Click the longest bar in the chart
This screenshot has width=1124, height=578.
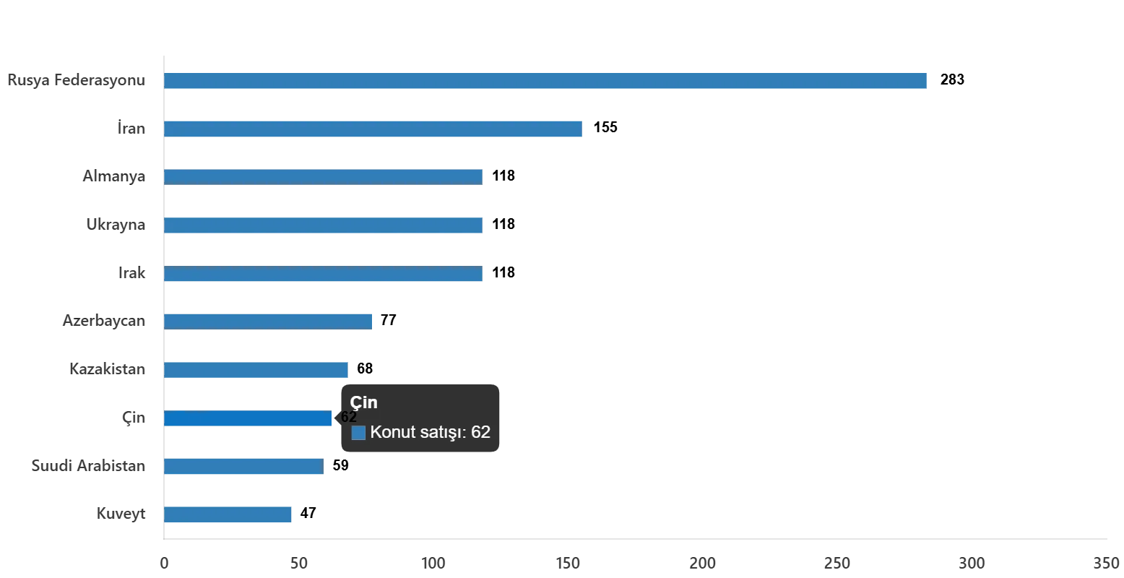pos(546,81)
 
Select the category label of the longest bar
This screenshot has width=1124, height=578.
pos(78,79)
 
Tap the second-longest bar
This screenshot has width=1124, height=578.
pos(373,129)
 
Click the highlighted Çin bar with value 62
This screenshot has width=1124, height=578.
pos(248,419)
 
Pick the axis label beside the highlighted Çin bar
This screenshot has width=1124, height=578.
pos(136,419)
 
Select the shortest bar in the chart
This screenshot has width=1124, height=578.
pos(228,514)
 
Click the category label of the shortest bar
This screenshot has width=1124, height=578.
pos(121,514)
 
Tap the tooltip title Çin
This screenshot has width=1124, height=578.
pos(364,402)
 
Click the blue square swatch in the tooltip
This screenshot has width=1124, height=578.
pos(358,433)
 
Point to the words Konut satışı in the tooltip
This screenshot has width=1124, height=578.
pos(418,432)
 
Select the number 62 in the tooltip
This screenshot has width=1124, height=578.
pos(481,432)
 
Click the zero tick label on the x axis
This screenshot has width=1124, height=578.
pos(165,564)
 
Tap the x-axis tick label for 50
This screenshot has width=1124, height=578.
pos(301,564)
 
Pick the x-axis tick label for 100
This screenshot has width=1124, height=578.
pos(436,564)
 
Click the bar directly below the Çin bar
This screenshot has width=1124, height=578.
pos(243,467)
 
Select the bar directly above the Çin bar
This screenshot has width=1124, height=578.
pos(257,370)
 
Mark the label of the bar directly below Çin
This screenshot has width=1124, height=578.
pos(90,467)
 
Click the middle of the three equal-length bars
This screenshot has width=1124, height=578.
pos(324,225)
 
